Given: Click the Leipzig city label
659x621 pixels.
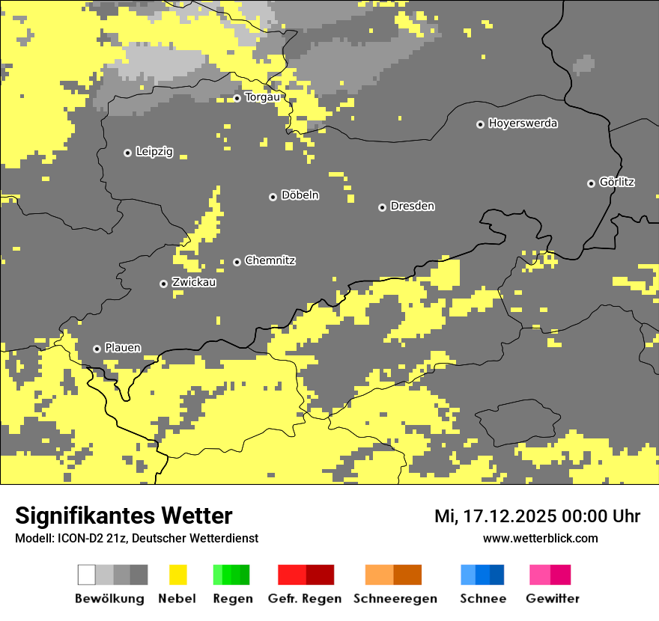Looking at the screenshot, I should [154, 152].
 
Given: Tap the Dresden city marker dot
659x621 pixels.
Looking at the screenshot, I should [382, 207].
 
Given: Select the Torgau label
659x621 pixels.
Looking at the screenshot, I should [262, 97].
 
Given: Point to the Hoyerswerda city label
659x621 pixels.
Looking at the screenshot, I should [523, 123].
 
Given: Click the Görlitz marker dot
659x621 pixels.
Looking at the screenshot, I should [591, 183].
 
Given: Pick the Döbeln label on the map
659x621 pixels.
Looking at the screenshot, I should [300, 195].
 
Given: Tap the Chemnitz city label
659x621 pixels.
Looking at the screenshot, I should [270, 260].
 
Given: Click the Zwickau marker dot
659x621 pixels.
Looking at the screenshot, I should [163, 284].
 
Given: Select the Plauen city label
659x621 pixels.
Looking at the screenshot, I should [123, 348].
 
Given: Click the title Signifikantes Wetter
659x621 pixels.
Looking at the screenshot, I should [124, 516].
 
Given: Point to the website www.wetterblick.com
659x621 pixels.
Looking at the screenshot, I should [540, 538].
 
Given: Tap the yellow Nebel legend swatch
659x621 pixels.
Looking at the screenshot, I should [177, 575].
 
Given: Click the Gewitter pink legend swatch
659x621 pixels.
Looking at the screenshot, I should [550, 575].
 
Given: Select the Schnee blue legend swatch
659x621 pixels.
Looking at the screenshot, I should [482, 575].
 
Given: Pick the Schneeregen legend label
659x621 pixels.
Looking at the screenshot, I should [395, 599].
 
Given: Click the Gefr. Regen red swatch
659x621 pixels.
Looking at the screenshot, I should [306, 575].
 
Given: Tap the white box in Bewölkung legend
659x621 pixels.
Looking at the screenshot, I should [87, 575].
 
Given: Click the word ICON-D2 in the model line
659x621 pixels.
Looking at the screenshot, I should [76, 539].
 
